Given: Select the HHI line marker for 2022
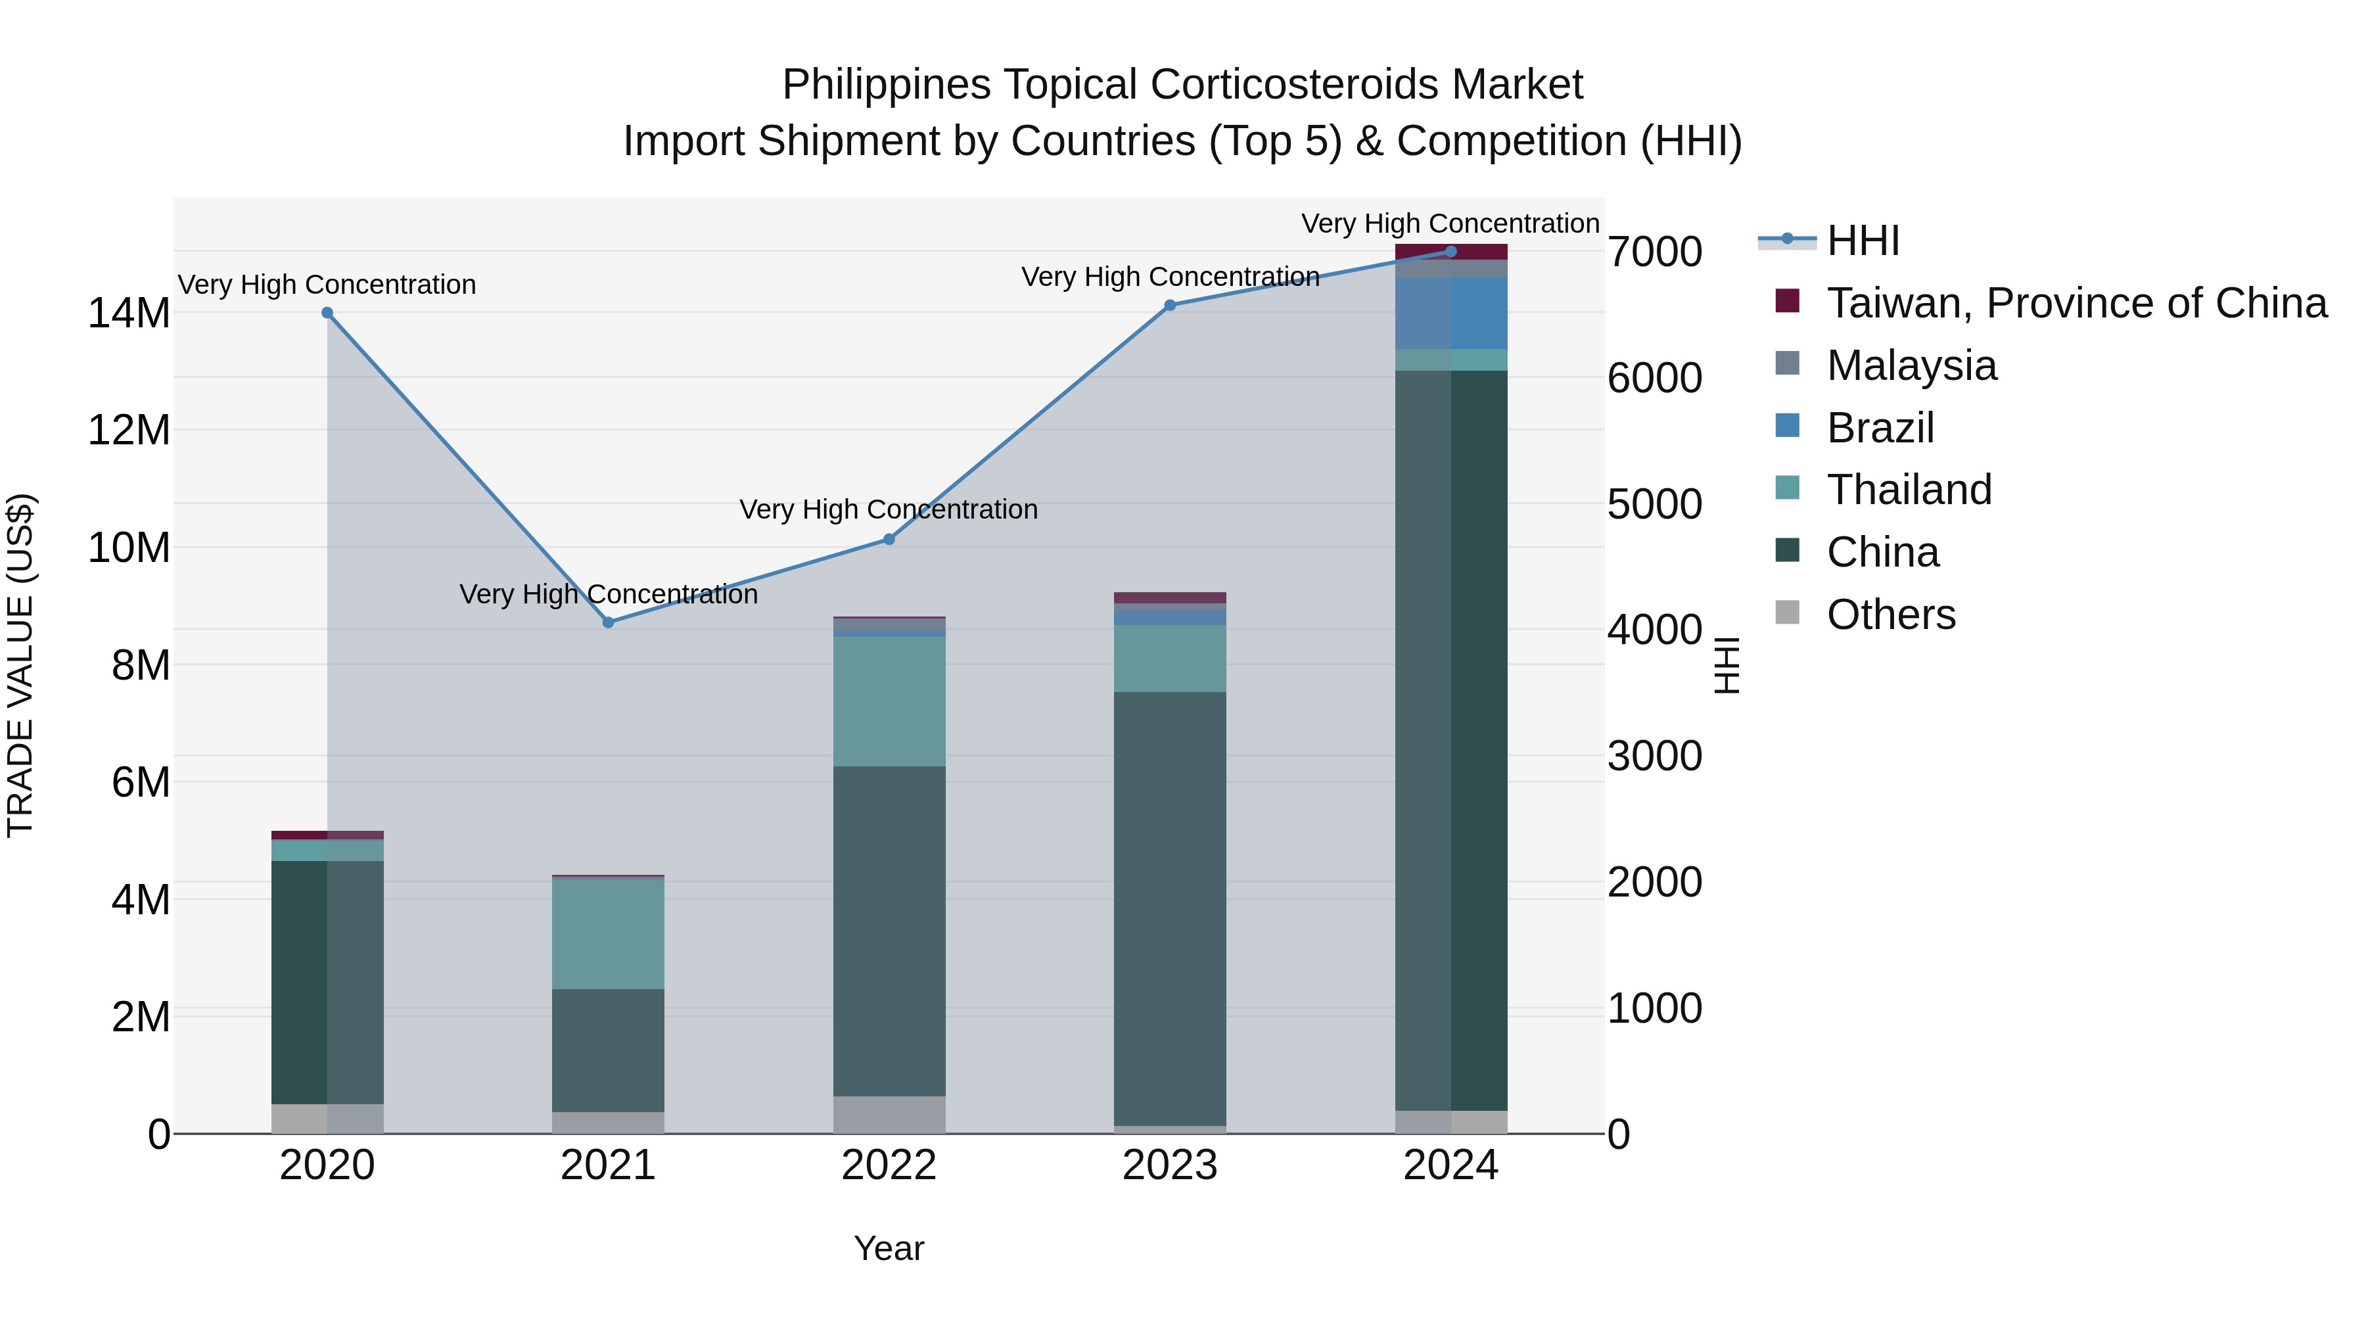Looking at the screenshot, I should [889, 539].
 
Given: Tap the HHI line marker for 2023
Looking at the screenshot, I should [1170, 306].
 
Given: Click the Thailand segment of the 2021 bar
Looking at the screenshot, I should [608, 934].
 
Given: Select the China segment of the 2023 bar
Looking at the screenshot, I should [1170, 908].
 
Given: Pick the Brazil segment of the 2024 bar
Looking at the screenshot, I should [1451, 314].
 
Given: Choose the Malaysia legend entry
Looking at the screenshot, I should [1911, 365].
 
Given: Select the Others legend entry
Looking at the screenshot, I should [1891, 615].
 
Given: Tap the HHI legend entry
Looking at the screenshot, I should [1863, 241].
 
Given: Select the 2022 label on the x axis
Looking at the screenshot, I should [889, 1165].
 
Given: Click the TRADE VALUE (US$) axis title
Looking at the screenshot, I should [20, 665].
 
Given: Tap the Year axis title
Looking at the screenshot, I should [889, 1248].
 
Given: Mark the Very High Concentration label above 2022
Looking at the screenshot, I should [889, 509].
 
